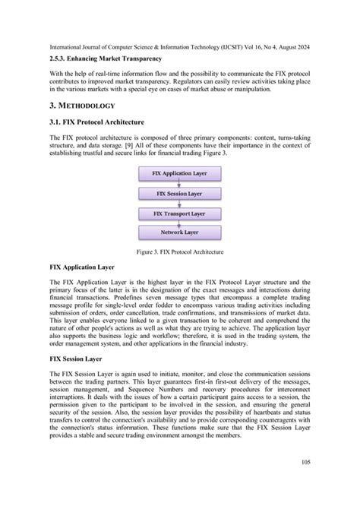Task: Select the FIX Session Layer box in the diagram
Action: [x=180, y=193]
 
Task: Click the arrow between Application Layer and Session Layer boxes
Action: [x=180, y=184]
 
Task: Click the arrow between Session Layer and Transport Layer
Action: [x=180, y=203]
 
